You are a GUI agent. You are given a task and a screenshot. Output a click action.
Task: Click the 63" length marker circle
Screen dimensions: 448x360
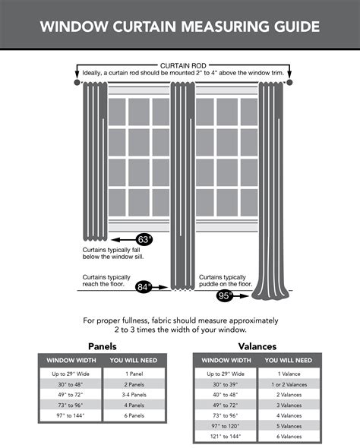(144, 239)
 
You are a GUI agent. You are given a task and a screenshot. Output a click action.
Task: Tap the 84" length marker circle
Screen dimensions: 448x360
(144, 287)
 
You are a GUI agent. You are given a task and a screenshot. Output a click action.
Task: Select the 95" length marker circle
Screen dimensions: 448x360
(226, 295)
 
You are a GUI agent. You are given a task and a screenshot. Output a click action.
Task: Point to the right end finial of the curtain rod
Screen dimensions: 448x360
(290, 80)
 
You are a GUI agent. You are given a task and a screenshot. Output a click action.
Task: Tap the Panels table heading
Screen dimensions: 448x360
(103, 345)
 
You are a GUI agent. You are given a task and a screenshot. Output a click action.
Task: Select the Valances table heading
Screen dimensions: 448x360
(257, 345)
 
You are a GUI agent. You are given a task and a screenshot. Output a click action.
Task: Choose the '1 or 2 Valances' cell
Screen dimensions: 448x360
(290, 384)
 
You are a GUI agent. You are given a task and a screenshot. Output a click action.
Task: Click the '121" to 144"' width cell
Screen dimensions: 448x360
(226, 437)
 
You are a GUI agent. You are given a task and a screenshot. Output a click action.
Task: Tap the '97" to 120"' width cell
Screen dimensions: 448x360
(226, 426)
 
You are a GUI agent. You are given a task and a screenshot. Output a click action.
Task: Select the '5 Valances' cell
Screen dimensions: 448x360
(290, 426)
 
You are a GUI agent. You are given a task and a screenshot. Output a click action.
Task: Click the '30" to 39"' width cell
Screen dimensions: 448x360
(226, 384)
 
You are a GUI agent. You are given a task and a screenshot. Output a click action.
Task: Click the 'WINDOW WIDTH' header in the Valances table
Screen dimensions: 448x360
(226, 360)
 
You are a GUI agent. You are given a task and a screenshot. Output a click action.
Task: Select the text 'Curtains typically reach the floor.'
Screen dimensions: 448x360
(105, 280)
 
